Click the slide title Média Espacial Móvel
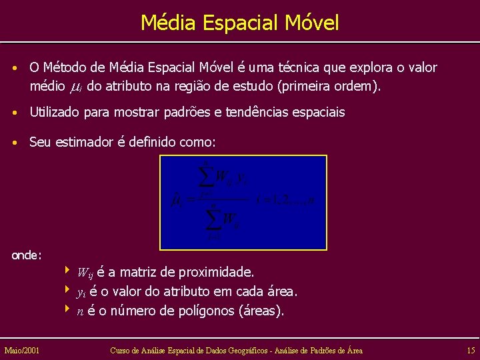coord(240,23)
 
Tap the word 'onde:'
coord(27,255)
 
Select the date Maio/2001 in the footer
coord(21,350)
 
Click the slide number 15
coord(471,350)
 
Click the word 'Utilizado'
coord(55,113)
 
